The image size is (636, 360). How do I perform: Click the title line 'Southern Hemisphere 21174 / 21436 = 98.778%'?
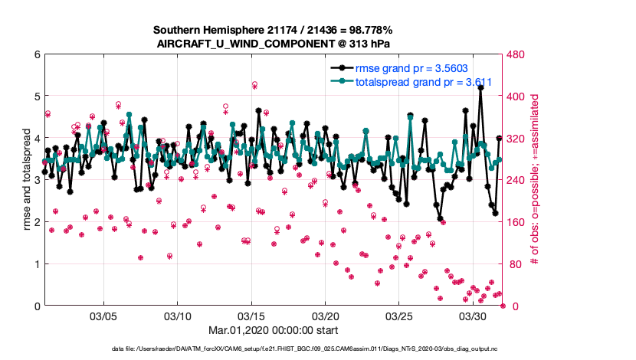(273, 30)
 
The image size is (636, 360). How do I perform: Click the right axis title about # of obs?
(536, 180)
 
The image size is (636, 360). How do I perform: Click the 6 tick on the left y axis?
(37, 54)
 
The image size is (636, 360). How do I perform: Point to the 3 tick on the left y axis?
(37, 180)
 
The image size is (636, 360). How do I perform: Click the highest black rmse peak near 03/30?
(480, 88)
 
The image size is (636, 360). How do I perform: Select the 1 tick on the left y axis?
(37, 264)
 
